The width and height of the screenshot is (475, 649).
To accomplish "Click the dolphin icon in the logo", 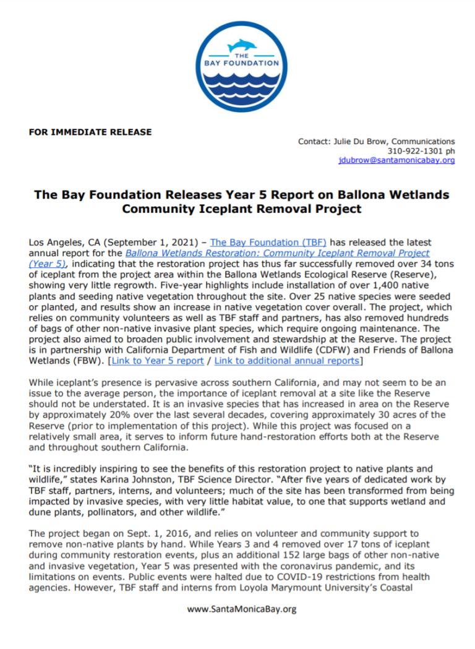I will [242, 46].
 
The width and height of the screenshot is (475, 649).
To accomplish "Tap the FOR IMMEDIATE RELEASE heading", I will [90, 132].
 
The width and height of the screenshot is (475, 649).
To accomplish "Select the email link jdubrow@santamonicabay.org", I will [396, 160].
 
